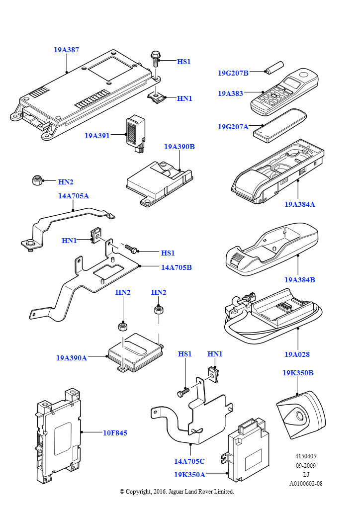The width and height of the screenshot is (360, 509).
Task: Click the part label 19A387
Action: click(x=67, y=50)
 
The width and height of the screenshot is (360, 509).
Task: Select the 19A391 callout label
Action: click(x=97, y=135)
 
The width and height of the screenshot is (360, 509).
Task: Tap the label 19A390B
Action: click(x=179, y=147)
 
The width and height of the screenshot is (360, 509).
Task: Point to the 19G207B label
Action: click(x=233, y=73)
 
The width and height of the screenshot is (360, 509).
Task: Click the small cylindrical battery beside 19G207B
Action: click(x=273, y=68)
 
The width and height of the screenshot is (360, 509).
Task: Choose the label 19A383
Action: click(x=230, y=93)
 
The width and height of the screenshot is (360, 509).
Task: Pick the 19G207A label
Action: click(x=233, y=127)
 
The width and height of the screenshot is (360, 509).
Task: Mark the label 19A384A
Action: click(x=300, y=204)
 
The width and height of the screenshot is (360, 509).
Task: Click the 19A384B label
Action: click(x=300, y=280)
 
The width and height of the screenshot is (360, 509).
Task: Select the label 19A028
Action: click(x=297, y=354)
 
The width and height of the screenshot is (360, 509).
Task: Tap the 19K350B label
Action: click(x=298, y=373)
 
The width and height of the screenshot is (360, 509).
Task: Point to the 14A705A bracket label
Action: click(x=74, y=196)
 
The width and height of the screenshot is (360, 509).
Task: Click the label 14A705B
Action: click(x=176, y=267)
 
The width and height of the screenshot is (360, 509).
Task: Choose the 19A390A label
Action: click(x=72, y=357)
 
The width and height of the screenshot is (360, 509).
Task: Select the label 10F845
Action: click(x=115, y=433)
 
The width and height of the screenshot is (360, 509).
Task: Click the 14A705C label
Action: click(x=189, y=461)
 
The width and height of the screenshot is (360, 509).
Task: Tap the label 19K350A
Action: click(x=189, y=475)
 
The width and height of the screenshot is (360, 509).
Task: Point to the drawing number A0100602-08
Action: click(x=306, y=483)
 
